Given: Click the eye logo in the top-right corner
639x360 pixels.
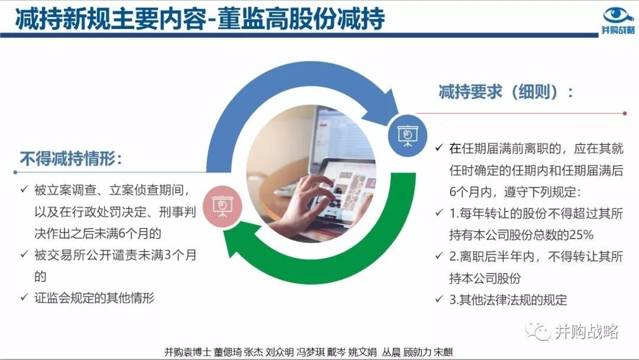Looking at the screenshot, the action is [x=618, y=15].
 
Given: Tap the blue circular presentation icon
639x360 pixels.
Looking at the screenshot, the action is [x=408, y=136].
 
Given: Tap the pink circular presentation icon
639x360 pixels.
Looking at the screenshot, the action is [x=222, y=206].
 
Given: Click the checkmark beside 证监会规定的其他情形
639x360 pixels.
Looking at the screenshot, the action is [x=24, y=297].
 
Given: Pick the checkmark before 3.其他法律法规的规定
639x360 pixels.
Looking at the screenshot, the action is [x=439, y=299].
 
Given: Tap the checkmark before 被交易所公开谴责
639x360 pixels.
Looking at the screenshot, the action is [x=24, y=255].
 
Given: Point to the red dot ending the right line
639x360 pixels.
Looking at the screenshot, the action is [x=625, y=113].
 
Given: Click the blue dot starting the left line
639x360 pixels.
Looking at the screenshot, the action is [x=15, y=172].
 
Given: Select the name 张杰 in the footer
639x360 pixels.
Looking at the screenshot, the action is [x=253, y=352].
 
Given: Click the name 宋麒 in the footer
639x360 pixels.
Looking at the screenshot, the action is [x=443, y=352].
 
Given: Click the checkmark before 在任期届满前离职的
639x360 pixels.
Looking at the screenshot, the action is [x=439, y=147].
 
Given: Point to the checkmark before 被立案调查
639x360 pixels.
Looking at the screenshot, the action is [x=24, y=189].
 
